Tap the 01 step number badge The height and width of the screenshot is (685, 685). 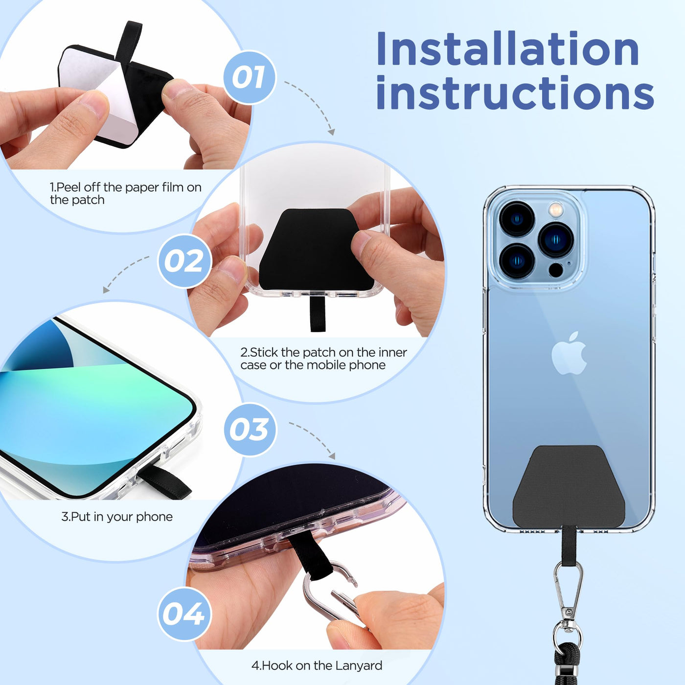coord(249,77)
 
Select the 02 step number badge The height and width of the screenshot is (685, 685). coord(184,261)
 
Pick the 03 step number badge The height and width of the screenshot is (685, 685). coord(250,430)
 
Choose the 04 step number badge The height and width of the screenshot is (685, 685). coord(184,614)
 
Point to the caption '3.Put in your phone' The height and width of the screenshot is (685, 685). coord(117,517)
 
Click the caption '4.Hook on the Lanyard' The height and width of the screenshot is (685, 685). coord(317,665)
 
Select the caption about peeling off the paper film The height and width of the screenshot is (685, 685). coord(125,193)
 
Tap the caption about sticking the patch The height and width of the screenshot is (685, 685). coord(323,358)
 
